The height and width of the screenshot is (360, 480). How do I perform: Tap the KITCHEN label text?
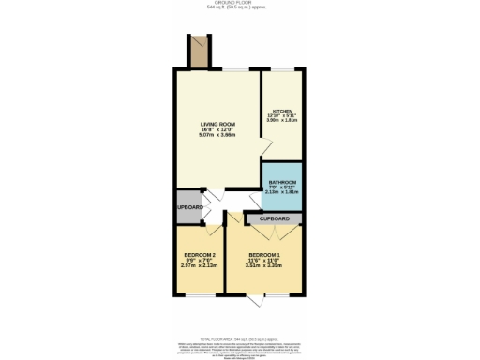click(x=282, y=110)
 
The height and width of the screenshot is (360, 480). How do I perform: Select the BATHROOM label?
click(x=282, y=182)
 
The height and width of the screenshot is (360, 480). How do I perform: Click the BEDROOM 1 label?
click(x=265, y=255)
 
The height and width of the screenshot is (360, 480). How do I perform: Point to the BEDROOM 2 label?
click(x=199, y=255)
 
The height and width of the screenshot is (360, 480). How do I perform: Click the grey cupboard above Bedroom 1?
click(x=274, y=218)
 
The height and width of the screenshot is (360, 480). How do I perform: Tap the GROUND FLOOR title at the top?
click(x=240, y=3)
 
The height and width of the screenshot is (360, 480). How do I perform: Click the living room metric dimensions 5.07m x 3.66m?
click(x=217, y=136)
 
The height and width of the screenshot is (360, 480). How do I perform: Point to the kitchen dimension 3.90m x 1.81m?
click(x=282, y=121)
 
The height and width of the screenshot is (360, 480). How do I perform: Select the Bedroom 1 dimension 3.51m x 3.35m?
click(x=265, y=266)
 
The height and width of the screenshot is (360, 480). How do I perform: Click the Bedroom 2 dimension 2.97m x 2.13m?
click(x=199, y=266)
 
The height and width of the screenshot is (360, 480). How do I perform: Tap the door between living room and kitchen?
click(x=265, y=147)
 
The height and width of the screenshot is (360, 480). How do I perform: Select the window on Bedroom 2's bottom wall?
click(x=199, y=293)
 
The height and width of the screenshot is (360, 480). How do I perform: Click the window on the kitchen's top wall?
click(x=282, y=68)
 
